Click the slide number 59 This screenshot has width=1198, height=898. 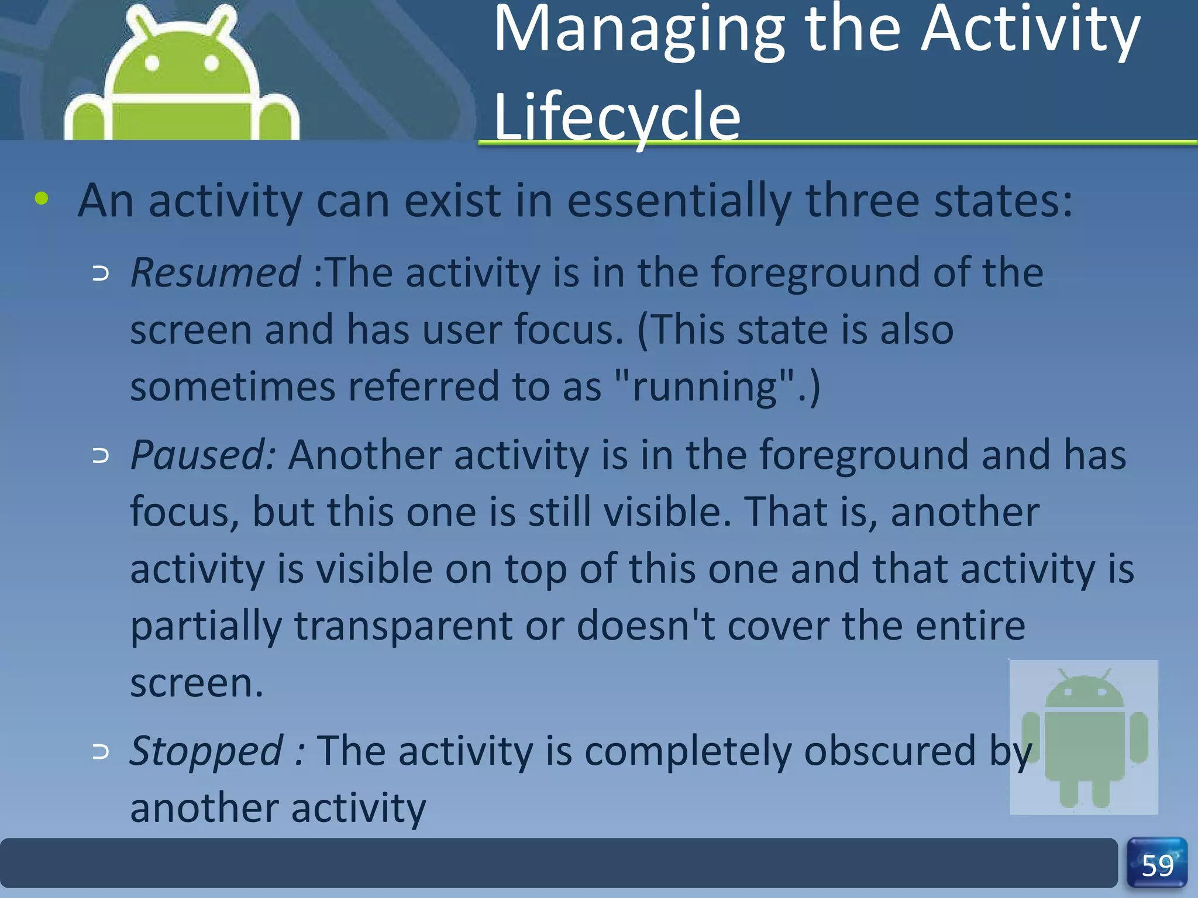1157,865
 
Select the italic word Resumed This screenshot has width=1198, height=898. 215,273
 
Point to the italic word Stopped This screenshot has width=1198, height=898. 206,751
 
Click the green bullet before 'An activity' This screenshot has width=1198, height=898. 42,199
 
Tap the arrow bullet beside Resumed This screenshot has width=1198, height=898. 101,274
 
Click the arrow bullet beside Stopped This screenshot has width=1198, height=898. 101,752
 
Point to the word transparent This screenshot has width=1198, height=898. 403,626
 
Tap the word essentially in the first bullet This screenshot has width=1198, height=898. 679,201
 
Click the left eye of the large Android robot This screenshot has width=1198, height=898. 152,63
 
